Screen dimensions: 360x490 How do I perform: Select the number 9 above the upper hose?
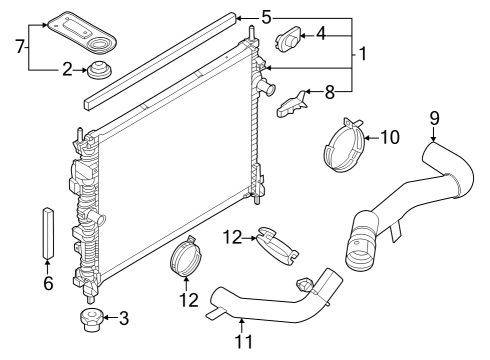click(x=434, y=118)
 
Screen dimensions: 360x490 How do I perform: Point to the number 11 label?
click(x=242, y=340)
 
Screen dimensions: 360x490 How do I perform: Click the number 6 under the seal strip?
click(x=47, y=284)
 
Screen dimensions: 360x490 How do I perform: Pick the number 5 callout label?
click(x=265, y=17)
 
